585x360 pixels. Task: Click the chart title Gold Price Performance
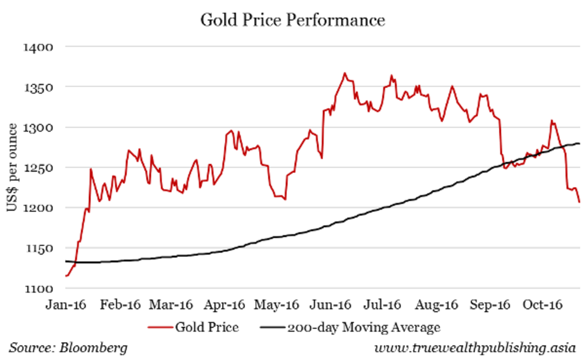[293, 20]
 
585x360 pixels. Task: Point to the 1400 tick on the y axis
[38, 47]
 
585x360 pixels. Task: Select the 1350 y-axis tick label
[38, 88]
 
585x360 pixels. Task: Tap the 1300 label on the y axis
[38, 128]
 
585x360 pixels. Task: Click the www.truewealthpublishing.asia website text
[475, 348]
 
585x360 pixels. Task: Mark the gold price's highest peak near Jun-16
[345, 73]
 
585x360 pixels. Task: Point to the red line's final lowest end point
[579, 202]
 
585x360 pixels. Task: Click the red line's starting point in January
[66, 276]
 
